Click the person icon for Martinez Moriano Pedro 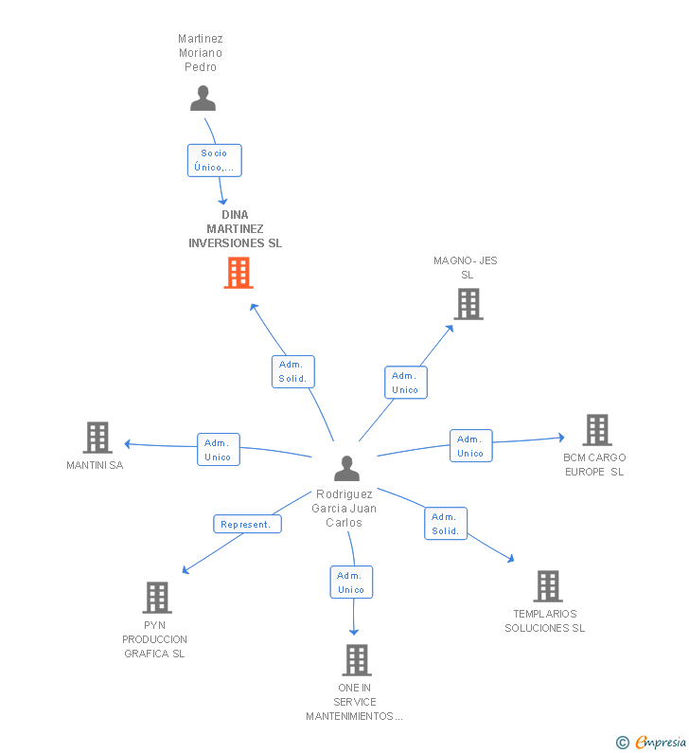[x=203, y=98]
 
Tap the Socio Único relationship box [x=215, y=160]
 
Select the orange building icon [x=238, y=273]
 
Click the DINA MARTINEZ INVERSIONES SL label [x=235, y=228]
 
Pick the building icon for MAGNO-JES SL [x=468, y=304]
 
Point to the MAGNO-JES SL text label [x=466, y=267]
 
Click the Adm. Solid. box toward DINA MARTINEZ [x=293, y=371]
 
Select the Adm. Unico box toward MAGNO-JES [x=406, y=383]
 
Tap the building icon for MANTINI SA [x=97, y=438]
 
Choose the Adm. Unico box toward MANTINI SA [x=219, y=450]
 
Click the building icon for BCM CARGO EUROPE [x=597, y=430]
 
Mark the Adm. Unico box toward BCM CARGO [x=471, y=446]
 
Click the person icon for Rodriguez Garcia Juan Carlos [x=347, y=468]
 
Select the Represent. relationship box [x=247, y=524]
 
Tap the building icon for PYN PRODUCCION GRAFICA [x=157, y=598]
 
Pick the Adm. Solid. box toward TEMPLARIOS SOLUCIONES [x=446, y=524]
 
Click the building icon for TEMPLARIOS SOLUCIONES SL [x=548, y=586]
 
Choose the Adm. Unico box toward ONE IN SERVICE [x=352, y=583]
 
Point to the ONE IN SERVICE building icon [x=357, y=660]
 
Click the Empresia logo [x=651, y=743]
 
